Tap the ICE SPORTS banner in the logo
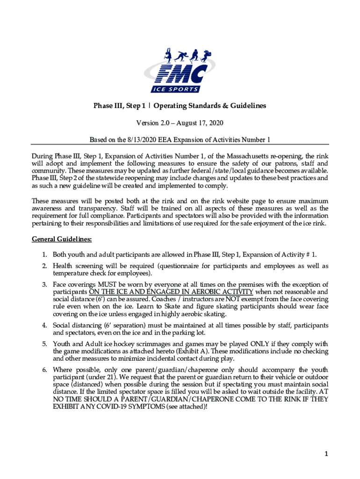(x=175, y=89)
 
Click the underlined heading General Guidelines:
(x=62, y=239)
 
